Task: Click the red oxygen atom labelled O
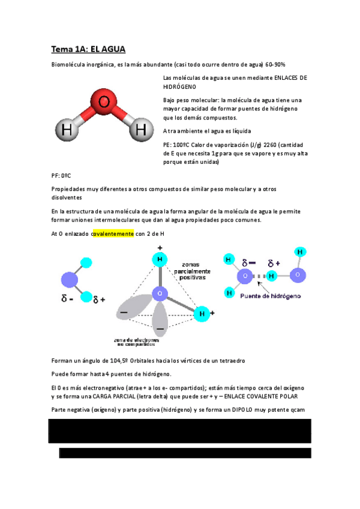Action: point(104,103)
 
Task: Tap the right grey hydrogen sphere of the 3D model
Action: point(140,128)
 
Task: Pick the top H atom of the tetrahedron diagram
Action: point(159,260)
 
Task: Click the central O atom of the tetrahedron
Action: point(159,294)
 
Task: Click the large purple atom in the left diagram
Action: point(71,280)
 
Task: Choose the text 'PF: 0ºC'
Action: point(62,176)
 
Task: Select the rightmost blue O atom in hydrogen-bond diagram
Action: point(298,275)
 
